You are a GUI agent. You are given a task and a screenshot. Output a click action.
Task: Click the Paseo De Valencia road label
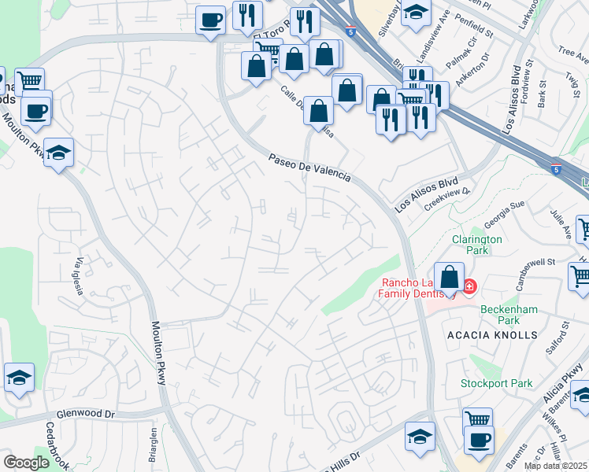(x=309, y=168)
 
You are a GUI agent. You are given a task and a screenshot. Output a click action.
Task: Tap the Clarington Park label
(x=476, y=245)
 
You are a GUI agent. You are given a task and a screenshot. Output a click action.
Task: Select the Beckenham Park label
(x=510, y=315)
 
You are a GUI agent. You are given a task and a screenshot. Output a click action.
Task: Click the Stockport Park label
(x=497, y=384)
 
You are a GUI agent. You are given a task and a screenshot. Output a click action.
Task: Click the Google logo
(x=26, y=463)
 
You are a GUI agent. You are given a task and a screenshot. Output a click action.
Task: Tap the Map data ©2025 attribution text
(x=555, y=466)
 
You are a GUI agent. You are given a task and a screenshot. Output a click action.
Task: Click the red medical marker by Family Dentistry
(x=469, y=286)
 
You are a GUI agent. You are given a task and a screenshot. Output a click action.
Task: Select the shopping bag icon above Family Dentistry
(x=449, y=278)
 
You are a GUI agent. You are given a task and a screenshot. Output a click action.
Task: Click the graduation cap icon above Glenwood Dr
(x=19, y=378)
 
